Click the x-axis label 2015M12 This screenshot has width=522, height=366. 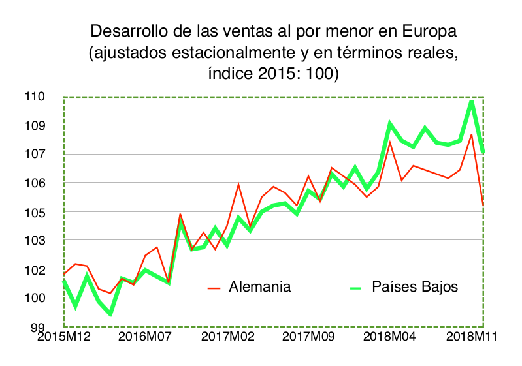[64, 337]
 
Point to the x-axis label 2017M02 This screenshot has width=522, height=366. [227, 337]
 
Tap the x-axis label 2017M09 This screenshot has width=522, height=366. [308, 337]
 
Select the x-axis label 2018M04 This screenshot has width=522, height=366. [389, 337]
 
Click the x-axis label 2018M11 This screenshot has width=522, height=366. [470, 337]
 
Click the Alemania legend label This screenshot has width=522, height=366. [259, 287]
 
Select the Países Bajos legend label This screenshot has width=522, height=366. [415, 287]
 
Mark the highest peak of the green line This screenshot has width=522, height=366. [472, 101]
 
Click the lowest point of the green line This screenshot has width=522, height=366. [110, 314]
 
